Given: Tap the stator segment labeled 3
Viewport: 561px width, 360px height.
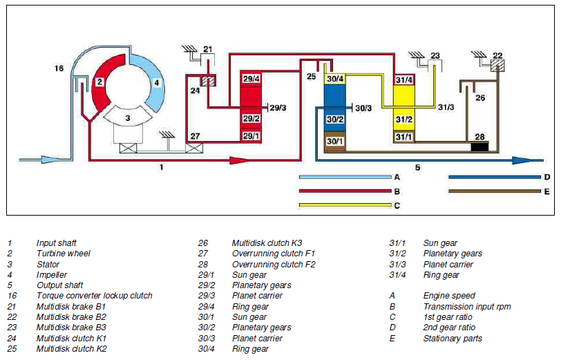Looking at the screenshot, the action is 127,116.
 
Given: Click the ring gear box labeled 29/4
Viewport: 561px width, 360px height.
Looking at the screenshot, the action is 251,78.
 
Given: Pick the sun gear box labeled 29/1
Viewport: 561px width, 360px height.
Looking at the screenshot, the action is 251,136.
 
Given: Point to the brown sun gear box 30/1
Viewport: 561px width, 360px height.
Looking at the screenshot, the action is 334,142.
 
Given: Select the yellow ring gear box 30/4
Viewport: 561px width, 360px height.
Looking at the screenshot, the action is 335,79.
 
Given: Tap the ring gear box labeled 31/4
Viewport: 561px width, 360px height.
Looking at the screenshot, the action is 404,79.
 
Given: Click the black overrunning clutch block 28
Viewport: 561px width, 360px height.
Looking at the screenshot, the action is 479,146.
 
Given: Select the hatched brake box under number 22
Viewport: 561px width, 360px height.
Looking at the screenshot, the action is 497,66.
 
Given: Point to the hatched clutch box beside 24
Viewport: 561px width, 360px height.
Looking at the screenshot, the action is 208,82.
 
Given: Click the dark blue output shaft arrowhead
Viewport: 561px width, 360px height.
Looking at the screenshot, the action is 524,160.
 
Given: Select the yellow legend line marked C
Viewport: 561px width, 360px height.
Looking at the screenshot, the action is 345,205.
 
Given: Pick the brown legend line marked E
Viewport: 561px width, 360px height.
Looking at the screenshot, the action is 495,191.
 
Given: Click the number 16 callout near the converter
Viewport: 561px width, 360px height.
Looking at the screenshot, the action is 59,68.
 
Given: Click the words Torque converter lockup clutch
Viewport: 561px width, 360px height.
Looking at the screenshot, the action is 95,296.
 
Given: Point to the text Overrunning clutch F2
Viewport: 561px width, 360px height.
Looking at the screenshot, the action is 274,264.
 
